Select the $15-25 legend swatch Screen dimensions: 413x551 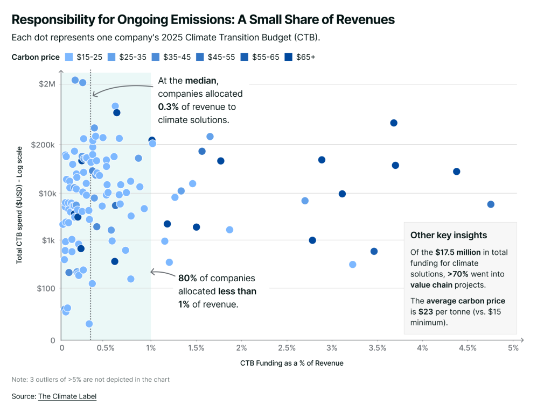(68, 58)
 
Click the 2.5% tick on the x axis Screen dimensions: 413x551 (287, 348)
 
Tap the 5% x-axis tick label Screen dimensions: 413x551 (514, 348)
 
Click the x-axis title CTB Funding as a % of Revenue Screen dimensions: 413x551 (291, 363)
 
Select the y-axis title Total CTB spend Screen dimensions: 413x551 (19, 205)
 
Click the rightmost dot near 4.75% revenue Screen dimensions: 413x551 (491, 204)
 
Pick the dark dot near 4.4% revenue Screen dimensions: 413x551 (457, 172)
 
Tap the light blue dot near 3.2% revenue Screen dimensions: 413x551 (353, 265)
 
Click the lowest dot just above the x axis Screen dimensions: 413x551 (89, 324)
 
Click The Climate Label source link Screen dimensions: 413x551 (67, 396)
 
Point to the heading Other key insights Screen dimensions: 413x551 (449, 235)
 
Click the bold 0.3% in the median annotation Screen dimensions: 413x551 (169, 107)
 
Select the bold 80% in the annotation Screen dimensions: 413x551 (187, 279)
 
